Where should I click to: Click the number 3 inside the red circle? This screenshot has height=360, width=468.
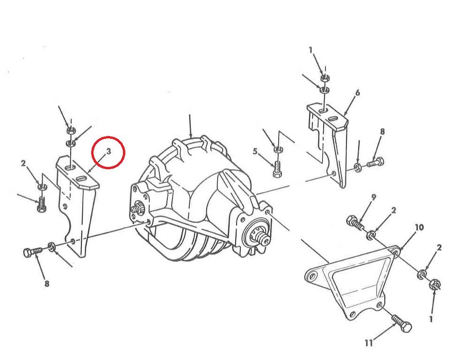[x=108, y=151]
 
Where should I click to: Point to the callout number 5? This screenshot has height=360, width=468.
[x=255, y=151]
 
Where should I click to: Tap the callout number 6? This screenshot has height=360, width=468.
[x=357, y=93]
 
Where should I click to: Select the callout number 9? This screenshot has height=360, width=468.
[x=374, y=197]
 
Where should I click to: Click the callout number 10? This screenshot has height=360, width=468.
[x=419, y=228]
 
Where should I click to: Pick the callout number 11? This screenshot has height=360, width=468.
[x=369, y=343]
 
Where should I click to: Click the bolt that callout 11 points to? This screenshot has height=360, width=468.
[x=402, y=324]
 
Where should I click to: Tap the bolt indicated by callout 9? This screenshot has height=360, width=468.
[x=354, y=223]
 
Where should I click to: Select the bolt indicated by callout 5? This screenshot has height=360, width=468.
[x=277, y=169]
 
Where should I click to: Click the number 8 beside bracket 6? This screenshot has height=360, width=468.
[x=382, y=131]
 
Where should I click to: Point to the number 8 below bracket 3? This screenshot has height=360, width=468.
[x=47, y=283]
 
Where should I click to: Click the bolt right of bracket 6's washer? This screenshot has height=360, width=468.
[x=375, y=163]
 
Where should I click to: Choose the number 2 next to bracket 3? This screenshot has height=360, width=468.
[x=23, y=163]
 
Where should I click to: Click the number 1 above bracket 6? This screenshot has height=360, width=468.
[x=311, y=50]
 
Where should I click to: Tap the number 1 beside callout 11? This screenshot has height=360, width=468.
[x=431, y=319]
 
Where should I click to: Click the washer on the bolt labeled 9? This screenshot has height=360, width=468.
[x=371, y=236]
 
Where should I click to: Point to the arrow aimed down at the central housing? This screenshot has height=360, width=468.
[x=190, y=126]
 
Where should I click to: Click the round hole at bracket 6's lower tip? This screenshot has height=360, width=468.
[x=334, y=173]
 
